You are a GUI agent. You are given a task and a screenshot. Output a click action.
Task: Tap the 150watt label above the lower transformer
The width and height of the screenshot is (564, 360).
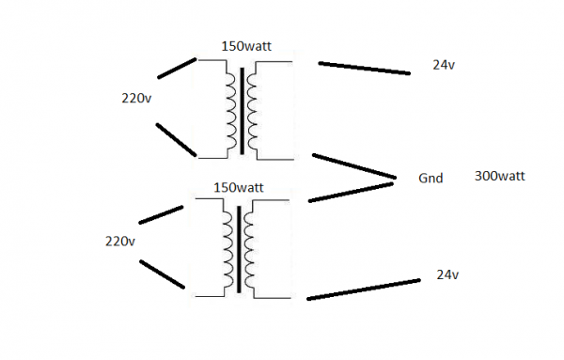click(x=239, y=188)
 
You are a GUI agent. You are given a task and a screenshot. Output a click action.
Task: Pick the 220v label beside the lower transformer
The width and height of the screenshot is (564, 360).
click(x=121, y=242)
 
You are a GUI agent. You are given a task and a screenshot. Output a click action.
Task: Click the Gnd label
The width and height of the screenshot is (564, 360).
click(x=431, y=177)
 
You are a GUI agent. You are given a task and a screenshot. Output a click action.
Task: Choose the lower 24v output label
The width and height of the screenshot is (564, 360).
click(x=447, y=274)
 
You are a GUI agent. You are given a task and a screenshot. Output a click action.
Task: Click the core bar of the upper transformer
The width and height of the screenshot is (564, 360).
click(x=243, y=110)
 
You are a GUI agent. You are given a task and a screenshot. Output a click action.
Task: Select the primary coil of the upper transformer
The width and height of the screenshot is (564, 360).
click(x=231, y=110)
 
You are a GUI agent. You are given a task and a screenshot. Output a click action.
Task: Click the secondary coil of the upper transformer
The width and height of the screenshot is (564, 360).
click(x=257, y=110)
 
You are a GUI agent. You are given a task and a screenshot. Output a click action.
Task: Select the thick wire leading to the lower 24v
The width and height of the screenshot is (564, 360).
click(x=364, y=290)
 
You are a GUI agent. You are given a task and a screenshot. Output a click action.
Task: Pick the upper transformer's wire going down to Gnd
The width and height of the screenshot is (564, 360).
click(x=352, y=165)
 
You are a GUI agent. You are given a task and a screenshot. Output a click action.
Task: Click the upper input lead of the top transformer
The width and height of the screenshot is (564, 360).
click(x=176, y=68)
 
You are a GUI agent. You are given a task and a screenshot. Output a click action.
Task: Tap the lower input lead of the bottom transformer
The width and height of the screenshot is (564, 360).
click(x=165, y=274)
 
